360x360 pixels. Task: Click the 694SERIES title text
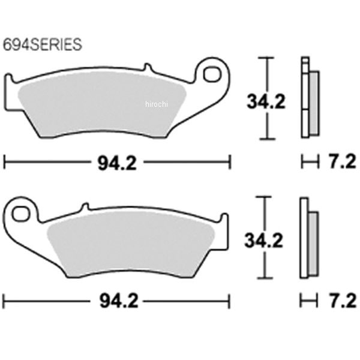coord(43,44)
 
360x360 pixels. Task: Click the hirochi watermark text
coord(157,104)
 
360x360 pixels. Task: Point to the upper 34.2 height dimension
coord(266,102)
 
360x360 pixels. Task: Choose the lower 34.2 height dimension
coord(264,241)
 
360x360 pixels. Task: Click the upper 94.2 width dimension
coord(118,163)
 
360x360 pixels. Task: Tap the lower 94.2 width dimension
coord(119,301)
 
